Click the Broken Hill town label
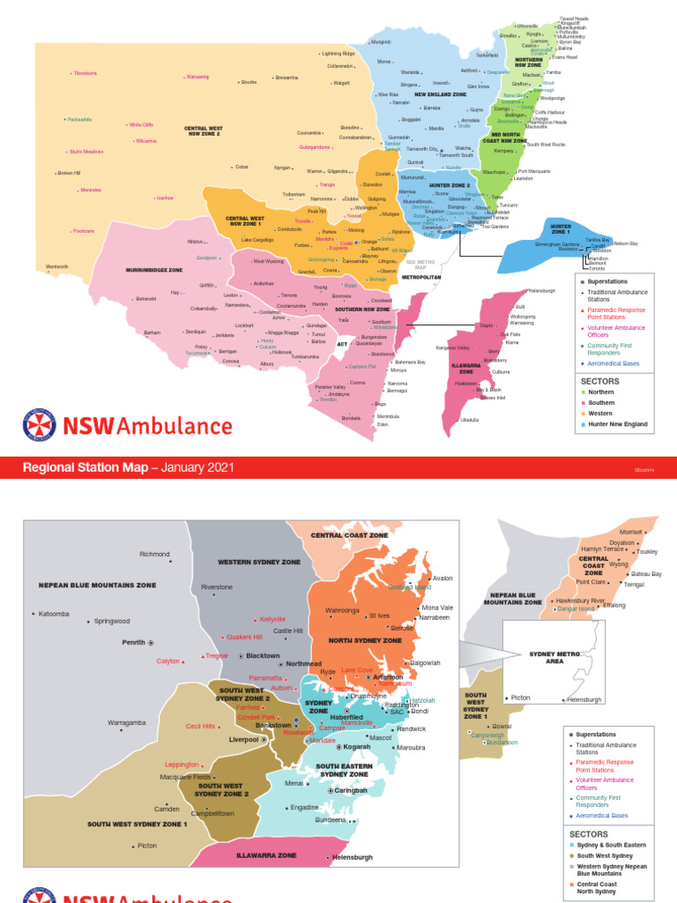tap(69, 173)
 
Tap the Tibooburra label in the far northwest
tap(85, 72)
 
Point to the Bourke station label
tap(249, 82)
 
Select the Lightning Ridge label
tap(338, 54)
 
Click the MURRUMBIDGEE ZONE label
tap(153, 270)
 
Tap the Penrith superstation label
tap(133, 643)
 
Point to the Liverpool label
tap(243, 740)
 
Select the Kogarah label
tap(356, 747)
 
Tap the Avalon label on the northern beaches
tap(442, 578)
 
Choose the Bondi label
tap(420, 711)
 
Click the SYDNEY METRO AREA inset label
tap(554, 657)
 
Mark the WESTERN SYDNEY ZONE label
tap(259, 562)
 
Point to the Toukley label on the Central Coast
tap(647, 552)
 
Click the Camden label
tap(167, 809)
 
